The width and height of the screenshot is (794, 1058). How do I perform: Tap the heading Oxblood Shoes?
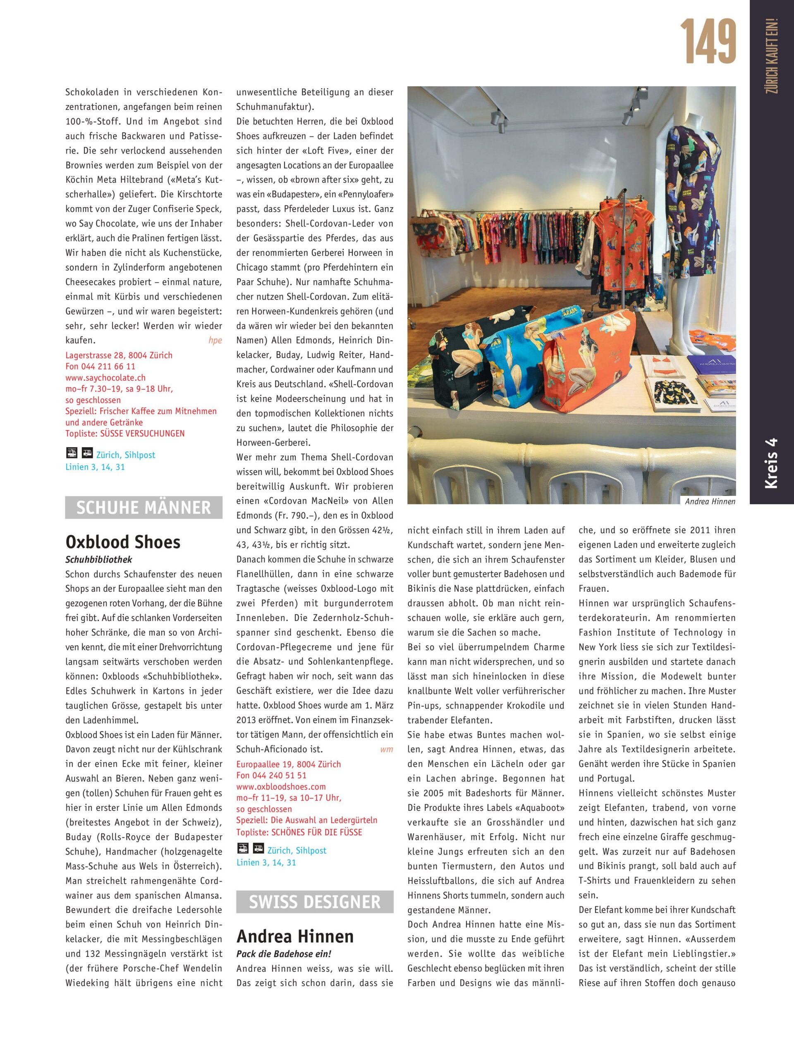coord(123,541)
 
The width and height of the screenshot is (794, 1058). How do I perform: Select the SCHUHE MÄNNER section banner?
coord(143,508)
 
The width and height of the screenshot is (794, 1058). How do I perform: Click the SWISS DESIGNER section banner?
coord(314,902)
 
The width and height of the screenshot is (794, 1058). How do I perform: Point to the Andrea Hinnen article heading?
coord(295,936)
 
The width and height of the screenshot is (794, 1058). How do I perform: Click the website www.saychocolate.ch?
coord(105,377)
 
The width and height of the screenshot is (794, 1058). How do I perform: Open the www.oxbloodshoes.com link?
coord(281,786)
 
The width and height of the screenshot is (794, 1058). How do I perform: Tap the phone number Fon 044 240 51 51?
coord(271,775)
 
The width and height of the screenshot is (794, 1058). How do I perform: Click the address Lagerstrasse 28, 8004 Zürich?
coord(119,355)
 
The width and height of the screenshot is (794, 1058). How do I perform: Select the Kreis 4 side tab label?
coord(771,463)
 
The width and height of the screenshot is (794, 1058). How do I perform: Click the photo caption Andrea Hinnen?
coord(710,501)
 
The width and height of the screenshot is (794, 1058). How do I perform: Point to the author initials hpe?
coord(215,341)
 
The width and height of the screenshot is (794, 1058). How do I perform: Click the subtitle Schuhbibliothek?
coord(98,559)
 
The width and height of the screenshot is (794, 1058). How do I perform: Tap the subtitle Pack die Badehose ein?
coord(283,954)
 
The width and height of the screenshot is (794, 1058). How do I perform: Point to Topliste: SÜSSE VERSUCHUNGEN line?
coord(125,434)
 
